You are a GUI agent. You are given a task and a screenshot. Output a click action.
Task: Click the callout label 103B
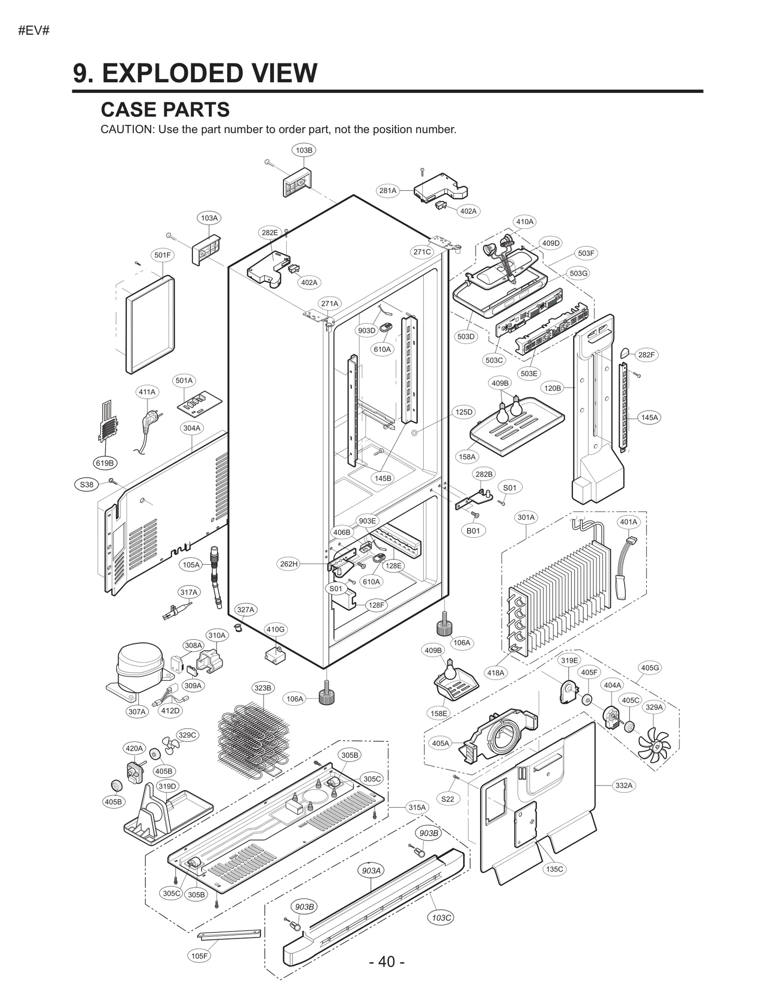[x=304, y=150]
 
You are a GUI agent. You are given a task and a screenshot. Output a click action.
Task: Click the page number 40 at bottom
[x=386, y=962]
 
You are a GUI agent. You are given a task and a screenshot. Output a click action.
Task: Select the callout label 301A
[x=526, y=517]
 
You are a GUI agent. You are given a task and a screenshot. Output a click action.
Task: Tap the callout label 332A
[x=624, y=785]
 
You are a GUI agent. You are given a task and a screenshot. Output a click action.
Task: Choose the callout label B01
[x=473, y=531]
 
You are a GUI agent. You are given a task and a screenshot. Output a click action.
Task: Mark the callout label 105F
[x=200, y=956]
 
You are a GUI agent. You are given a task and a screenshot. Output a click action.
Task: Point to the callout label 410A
[x=525, y=222]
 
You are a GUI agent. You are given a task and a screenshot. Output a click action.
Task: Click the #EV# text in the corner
[x=34, y=31]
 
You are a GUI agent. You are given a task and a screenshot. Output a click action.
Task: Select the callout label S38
[x=87, y=484]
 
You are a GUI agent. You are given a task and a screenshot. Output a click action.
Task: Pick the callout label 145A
[x=650, y=417]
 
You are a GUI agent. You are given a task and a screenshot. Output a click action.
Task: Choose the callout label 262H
[x=289, y=564]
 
